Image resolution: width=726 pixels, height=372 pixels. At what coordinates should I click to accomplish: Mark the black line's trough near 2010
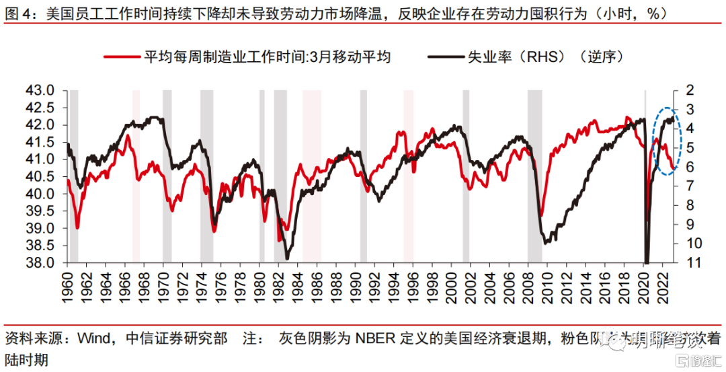pos(546,241)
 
